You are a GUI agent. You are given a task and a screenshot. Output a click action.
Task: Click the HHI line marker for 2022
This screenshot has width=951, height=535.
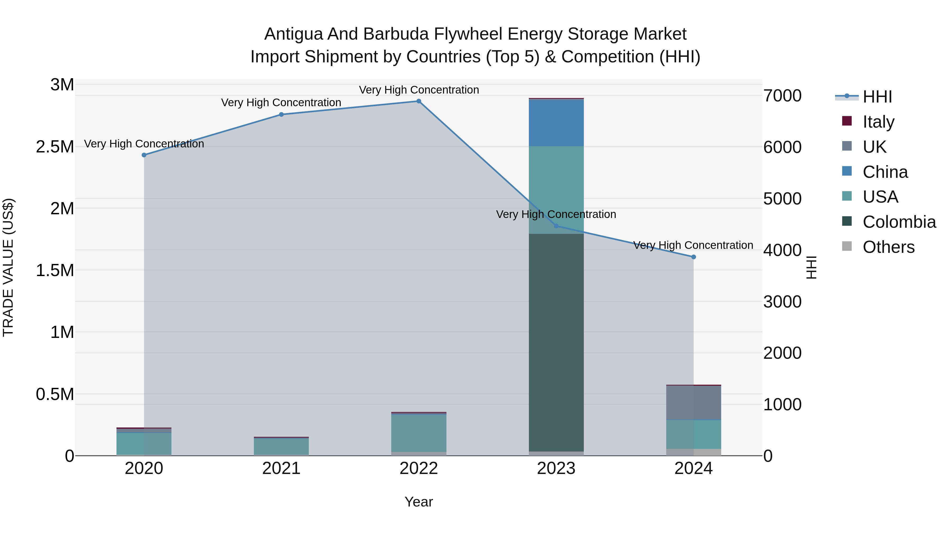pyautogui.click(x=419, y=101)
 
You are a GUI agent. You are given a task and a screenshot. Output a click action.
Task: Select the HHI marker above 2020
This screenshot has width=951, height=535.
pyautogui.click(x=144, y=155)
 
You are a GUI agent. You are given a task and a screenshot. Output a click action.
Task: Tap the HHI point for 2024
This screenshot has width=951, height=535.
pyautogui.click(x=693, y=257)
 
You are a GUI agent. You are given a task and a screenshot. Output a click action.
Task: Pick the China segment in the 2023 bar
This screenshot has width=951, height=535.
pyautogui.click(x=556, y=123)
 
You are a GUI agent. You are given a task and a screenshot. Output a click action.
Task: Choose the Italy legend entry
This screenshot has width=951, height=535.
pyautogui.click(x=878, y=122)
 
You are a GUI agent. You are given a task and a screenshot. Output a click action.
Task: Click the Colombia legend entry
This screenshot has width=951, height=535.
pyautogui.click(x=899, y=222)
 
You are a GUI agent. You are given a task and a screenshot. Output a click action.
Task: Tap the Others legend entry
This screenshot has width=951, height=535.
pyautogui.click(x=888, y=247)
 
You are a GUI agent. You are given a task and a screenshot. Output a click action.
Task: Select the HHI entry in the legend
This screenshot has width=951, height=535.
pyautogui.click(x=877, y=97)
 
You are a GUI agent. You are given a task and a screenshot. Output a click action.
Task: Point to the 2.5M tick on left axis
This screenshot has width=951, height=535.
pyautogui.click(x=55, y=147)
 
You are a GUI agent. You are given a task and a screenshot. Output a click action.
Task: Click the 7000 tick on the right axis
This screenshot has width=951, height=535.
pyautogui.click(x=782, y=96)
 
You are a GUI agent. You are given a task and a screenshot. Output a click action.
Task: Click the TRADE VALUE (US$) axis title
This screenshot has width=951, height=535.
pyautogui.click(x=8, y=267)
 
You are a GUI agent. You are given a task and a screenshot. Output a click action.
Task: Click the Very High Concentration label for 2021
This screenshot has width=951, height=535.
pyautogui.click(x=281, y=103)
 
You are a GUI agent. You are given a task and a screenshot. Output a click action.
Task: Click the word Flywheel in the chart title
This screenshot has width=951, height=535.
pyautogui.click(x=468, y=34)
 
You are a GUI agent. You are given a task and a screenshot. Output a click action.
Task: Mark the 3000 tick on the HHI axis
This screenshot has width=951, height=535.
pyautogui.click(x=782, y=302)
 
